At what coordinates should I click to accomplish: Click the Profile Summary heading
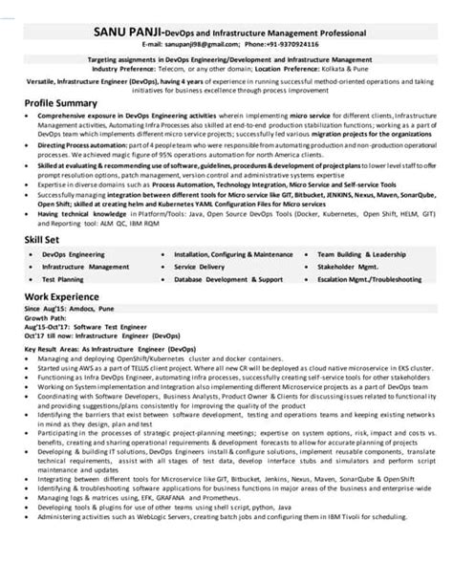pos(62,100)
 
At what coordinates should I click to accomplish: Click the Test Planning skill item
pos(63,278)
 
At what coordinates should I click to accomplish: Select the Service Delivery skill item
pos(199,267)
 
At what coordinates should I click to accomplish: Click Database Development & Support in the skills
pos(228,278)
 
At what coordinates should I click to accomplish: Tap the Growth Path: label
pos(42,319)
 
